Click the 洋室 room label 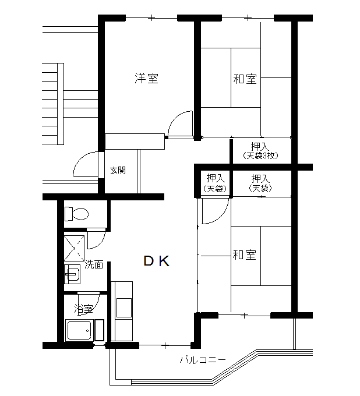point(146,78)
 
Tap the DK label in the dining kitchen point(156,261)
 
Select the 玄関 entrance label point(118,170)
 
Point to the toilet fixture point(77,214)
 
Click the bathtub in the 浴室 point(79,331)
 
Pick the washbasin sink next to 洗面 point(72,274)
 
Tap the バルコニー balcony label point(203,360)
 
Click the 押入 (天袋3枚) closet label point(260,151)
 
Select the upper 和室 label point(245,79)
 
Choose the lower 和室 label point(244,254)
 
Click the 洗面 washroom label point(94,264)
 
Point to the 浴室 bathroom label point(83,309)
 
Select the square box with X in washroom point(74,248)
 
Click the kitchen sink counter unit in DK point(122,311)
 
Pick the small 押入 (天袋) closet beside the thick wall point(215,183)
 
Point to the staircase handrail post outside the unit point(61,104)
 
